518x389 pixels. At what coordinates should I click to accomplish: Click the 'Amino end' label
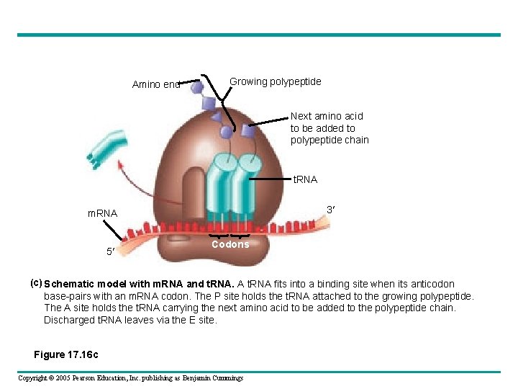click(155, 85)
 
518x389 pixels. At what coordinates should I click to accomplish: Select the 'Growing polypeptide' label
click(275, 81)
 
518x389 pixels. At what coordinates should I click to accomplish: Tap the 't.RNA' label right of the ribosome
click(305, 179)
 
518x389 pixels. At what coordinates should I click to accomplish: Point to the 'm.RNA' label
click(102, 213)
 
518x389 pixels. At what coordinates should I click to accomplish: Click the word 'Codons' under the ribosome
click(230, 244)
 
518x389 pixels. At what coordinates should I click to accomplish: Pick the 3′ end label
click(332, 210)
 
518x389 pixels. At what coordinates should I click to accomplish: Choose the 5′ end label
click(110, 252)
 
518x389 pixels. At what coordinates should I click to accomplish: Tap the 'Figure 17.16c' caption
click(66, 354)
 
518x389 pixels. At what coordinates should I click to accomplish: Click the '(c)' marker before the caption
click(35, 283)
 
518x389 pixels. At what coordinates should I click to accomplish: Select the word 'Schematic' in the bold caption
click(73, 285)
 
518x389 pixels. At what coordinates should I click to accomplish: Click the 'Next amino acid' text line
click(327, 116)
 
